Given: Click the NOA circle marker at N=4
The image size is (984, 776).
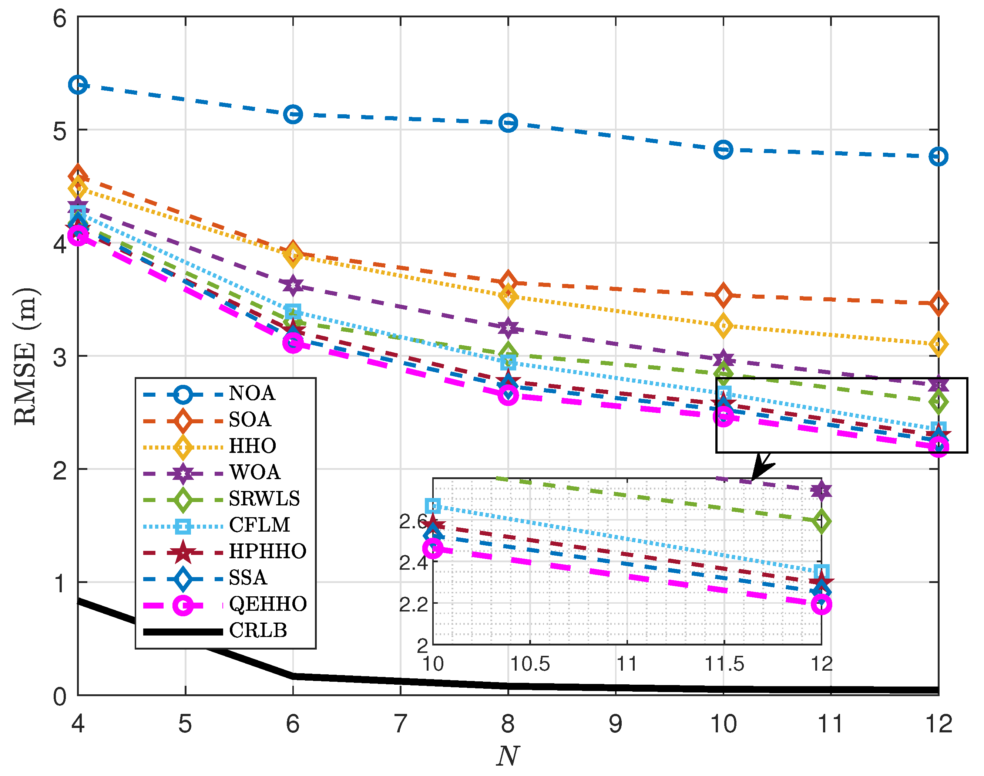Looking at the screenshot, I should coord(78,85).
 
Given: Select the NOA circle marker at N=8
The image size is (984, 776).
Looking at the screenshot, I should coord(508,123).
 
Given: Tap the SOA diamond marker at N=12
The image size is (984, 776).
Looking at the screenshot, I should coord(938,304).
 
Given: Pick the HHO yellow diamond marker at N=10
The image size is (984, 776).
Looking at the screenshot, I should coord(723,325).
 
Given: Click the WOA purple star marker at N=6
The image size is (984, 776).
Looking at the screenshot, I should coord(293,285).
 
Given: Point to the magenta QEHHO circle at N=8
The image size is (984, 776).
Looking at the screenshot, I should coord(508,395).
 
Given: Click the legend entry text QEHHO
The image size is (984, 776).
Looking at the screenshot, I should coord(268,604).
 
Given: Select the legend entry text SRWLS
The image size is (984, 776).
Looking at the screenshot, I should coord(264,499).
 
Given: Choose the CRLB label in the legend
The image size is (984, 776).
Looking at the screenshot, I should coord(258,631).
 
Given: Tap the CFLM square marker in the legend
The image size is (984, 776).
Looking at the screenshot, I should coord(183,526).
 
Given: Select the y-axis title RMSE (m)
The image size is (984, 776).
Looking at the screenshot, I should coord(26,357).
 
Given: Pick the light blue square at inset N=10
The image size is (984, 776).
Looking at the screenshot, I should coord(433,506).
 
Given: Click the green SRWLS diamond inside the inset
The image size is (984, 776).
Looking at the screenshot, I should coord(821,521).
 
